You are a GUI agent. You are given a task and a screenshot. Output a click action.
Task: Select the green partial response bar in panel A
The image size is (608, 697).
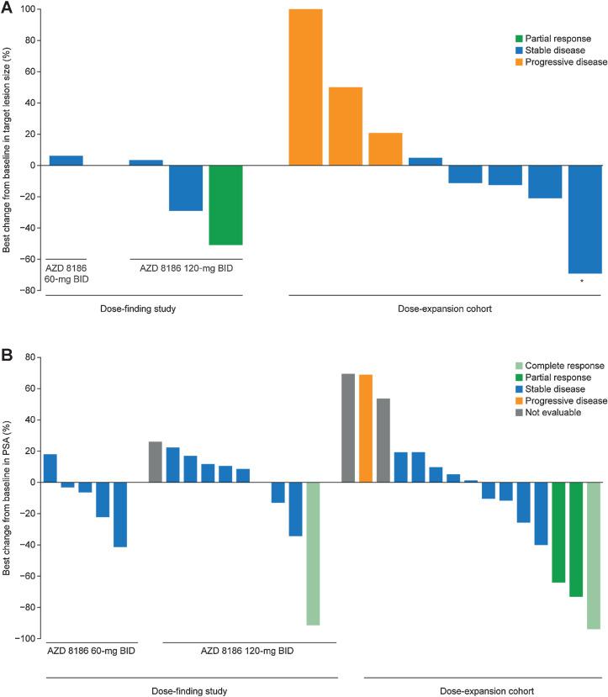point(225,205)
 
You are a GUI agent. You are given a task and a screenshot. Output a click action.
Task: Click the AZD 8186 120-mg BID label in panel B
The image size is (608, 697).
point(249,651)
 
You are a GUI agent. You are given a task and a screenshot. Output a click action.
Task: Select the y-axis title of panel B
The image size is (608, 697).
point(9,495)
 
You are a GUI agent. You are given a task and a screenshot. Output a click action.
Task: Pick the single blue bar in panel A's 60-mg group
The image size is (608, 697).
point(66,160)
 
